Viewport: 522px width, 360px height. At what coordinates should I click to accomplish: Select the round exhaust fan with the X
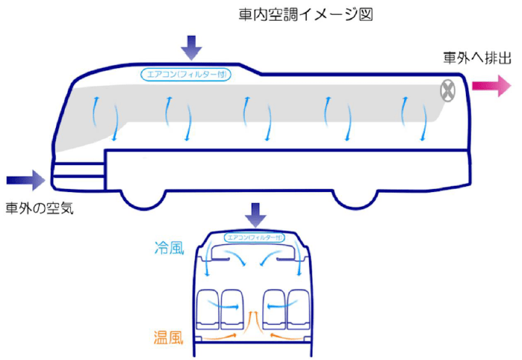448,91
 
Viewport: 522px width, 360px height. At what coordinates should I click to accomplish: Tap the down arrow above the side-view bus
192,47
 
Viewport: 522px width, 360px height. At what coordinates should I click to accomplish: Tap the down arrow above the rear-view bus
256,215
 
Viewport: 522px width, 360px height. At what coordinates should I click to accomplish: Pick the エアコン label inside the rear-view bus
256,238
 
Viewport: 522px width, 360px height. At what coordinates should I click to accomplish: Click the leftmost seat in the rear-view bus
208,308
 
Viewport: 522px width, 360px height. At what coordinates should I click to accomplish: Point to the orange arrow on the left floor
224,338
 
